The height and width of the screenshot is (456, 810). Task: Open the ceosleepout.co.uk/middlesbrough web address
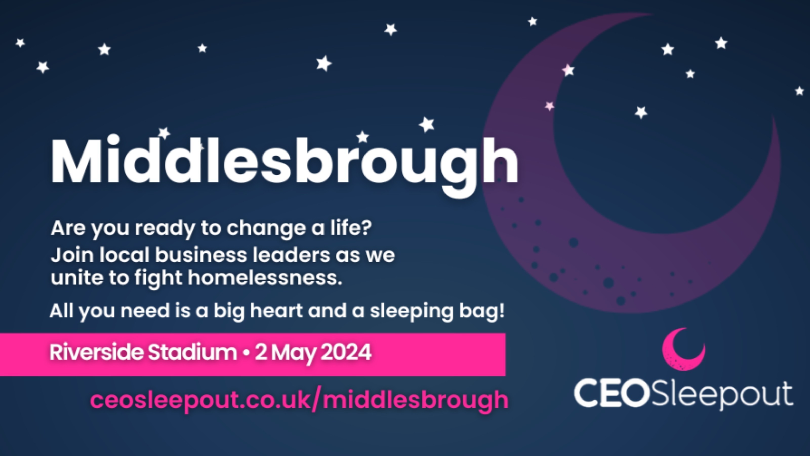299,400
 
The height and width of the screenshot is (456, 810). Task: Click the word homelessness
265,278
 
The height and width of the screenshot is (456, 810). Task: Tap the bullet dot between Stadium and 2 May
246,353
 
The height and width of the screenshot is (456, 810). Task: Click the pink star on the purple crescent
549,106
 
